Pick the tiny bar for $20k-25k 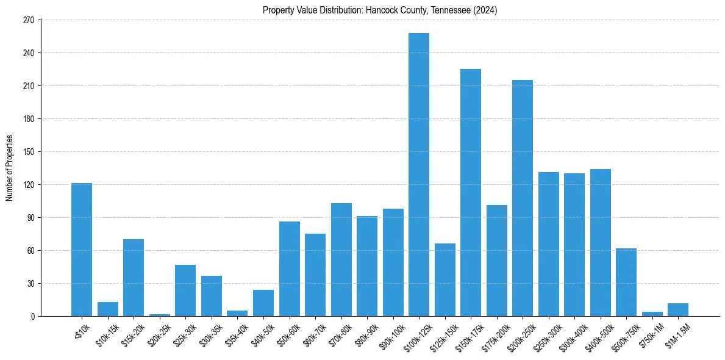pos(159,315)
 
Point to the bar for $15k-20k pos(134,278)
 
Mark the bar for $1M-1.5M pos(678,309)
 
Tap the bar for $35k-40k pos(237,313)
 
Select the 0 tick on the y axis pos(36,316)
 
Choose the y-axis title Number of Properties pos(9,168)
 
